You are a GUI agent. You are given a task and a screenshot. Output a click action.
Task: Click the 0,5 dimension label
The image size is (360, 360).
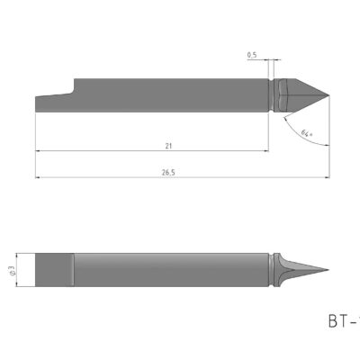click(x=253, y=56)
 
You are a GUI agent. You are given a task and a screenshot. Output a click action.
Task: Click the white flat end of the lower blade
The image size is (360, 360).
click(x=42, y=268)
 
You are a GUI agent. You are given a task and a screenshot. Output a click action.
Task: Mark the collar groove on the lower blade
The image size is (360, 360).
click(x=271, y=268)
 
